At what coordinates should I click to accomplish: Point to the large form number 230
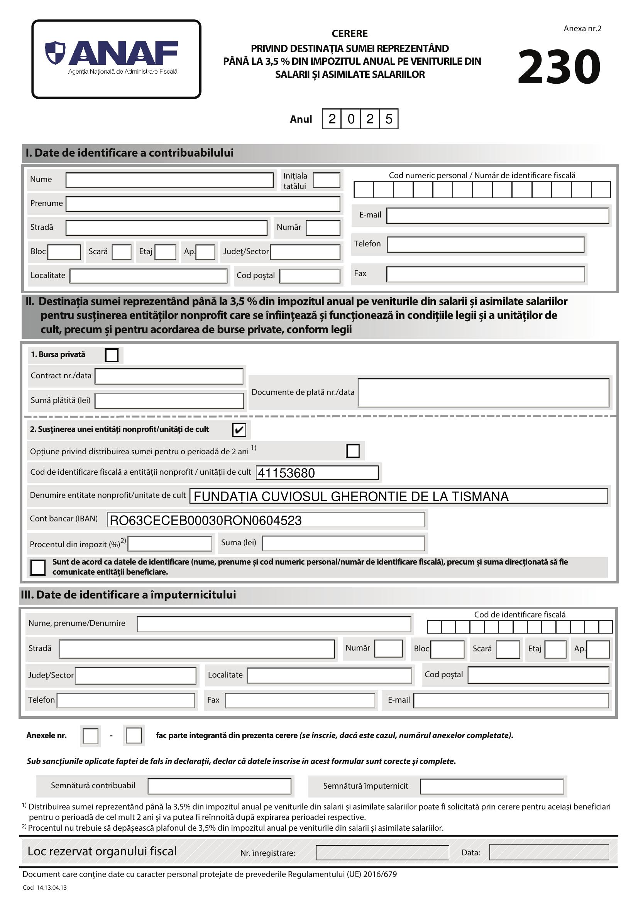[x=559, y=67]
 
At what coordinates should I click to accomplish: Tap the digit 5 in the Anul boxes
[x=389, y=119]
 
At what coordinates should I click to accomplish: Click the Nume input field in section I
[x=169, y=180]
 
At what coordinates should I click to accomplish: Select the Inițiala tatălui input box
[x=326, y=180]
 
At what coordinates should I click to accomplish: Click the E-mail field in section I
[x=497, y=216]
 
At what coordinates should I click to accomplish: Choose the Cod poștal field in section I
[x=310, y=276]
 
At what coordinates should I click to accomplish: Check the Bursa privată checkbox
[x=112, y=355]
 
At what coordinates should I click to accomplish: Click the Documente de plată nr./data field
[x=483, y=393]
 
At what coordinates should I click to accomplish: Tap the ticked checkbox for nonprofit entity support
[x=239, y=430]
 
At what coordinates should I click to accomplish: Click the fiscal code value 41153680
[x=286, y=473]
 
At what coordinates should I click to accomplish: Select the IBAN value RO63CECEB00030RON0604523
[x=206, y=521]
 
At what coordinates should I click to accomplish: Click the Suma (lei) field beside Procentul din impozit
[x=343, y=543]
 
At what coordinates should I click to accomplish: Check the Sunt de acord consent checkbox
[x=38, y=567]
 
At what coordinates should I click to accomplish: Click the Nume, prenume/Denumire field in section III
[x=274, y=624]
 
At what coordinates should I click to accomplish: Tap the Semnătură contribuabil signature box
[x=219, y=786]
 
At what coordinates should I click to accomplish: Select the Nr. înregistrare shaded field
[x=382, y=853]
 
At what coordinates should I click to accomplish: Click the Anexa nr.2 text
[x=582, y=29]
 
